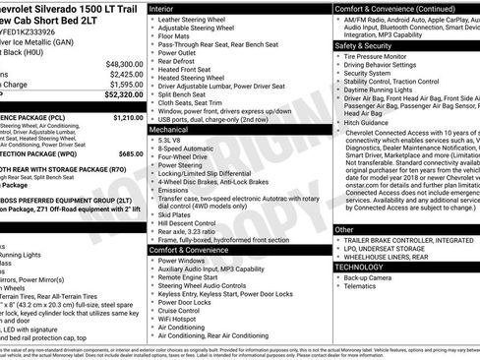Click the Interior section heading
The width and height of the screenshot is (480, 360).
[x=162, y=8]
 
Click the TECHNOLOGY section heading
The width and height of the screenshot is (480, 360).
[x=359, y=267]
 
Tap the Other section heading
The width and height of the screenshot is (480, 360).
[x=344, y=229]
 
